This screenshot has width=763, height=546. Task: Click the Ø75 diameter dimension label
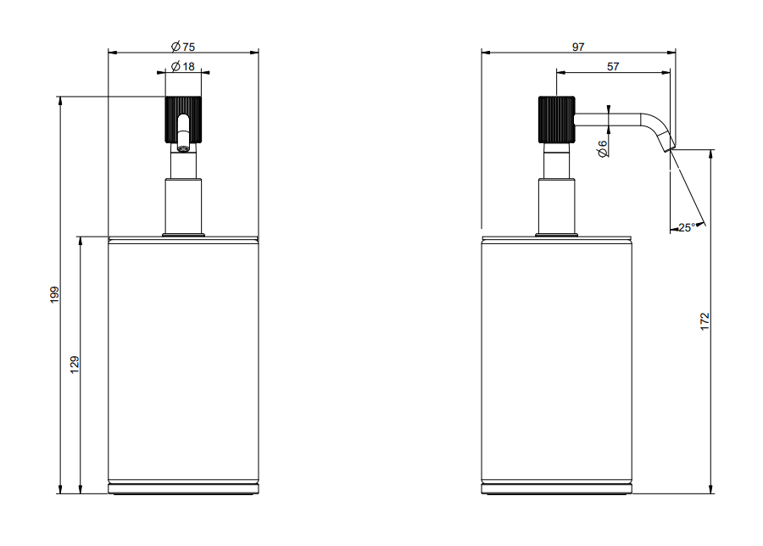[x=183, y=47]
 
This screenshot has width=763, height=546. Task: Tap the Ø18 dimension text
[x=183, y=66]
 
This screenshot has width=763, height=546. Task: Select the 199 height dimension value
[x=54, y=295]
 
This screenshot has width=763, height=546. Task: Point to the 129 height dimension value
[x=75, y=365]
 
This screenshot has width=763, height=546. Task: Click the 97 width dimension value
[x=578, y=47]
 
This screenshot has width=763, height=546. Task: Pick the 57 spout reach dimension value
[x=613, y=66]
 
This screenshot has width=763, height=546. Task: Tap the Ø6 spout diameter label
[x=602, y=148]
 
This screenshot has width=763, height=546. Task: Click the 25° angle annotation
[x=687, y=227]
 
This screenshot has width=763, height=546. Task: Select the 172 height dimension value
[x=705, y=321]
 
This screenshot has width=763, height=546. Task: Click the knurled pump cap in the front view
[x=183, y=120]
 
